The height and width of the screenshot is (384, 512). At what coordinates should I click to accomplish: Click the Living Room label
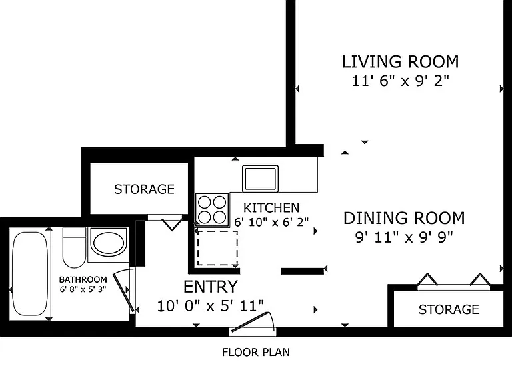click(x=400, y=62)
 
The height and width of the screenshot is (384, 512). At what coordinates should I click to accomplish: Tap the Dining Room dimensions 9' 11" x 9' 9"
click(x=404, y=237)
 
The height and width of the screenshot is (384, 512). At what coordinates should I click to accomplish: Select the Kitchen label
click(x=271, y=208)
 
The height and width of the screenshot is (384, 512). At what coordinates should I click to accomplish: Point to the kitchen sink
click(x=260, y=179)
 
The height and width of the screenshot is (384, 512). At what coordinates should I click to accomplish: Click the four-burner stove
click(x=212, y=209)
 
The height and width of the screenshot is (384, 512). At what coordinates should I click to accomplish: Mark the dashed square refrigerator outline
click(x=217, y=248)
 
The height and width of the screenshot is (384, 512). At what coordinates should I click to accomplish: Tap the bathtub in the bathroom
click(x=29, y=273)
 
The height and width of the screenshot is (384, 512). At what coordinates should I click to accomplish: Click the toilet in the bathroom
click(x=74, y=247)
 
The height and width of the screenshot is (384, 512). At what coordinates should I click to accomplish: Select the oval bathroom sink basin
click(x=109, y=243)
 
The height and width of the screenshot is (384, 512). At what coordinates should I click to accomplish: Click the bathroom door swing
click(x=124, y=291)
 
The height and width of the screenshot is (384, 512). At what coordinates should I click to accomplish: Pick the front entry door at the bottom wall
click(x=253, y=323)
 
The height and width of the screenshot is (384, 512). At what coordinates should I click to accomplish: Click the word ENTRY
click(x=211, y=287)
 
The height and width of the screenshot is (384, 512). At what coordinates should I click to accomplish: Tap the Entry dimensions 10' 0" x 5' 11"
click(x=211, y=306)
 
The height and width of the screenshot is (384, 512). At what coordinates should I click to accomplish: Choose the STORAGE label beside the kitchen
click(x=144, y=189)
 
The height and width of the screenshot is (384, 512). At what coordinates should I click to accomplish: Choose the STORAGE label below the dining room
click(x=449, y=309)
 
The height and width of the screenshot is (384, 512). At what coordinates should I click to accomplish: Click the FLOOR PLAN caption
click(x=256, y=352)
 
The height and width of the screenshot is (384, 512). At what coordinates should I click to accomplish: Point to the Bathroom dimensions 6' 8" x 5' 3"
click(x=83, y=289)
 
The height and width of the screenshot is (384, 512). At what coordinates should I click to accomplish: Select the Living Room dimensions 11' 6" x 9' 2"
click(x=400, y=80)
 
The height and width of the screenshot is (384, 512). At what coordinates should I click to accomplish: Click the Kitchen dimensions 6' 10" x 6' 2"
click(x=271, y=222)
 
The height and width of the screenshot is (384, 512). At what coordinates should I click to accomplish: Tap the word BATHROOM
click(x=83, y=279)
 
